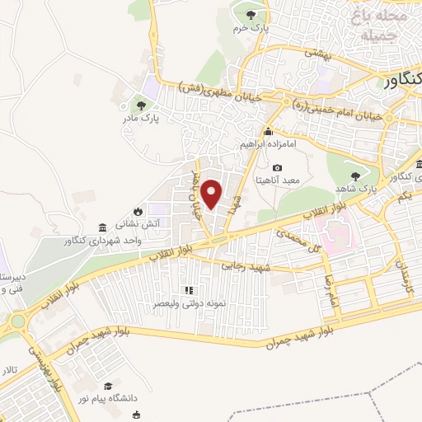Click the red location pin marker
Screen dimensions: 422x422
(x=213, y=195)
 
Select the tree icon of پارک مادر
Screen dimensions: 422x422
(x=141, y=105)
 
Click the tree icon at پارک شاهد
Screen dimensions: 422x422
(x=355, y=176)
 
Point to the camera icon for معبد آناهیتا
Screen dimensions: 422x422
(x=277, y=167)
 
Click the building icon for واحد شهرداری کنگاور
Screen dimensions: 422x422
(x=101, y=227)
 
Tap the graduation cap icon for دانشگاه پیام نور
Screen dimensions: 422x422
(x=108, y=386)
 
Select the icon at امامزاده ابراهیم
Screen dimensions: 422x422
(x=268, y=132)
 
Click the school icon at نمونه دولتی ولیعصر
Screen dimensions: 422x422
(x=188, y=290)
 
